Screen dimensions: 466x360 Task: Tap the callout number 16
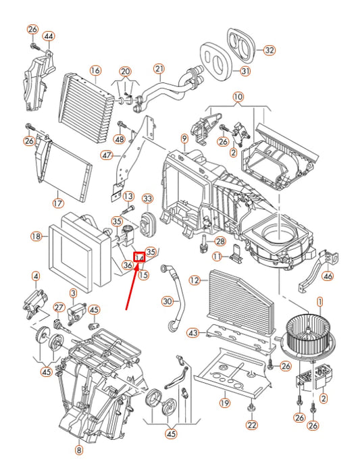tap(95, 70)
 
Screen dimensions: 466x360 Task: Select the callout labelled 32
tap(269, 50)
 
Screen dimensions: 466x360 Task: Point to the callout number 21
tap(159, 68)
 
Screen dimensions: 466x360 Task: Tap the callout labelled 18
tap(36, 236)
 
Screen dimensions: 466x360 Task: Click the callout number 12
tap(195, 280)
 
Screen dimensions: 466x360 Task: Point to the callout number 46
tap(328, 276)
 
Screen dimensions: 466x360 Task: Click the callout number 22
tap(252, 425)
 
